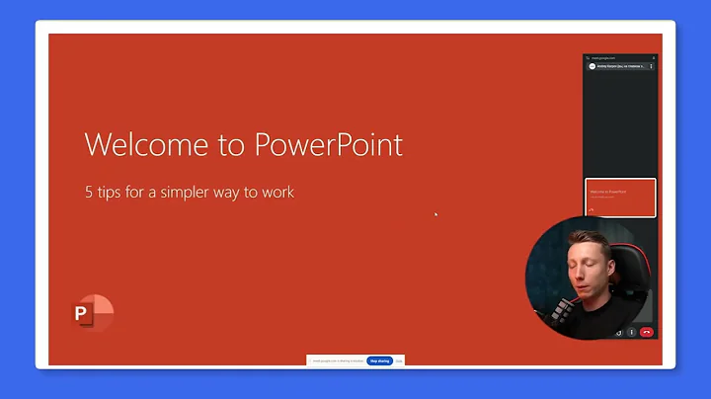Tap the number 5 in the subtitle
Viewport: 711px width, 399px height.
pos(89,193)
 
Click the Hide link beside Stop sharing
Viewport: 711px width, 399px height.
pos(399,361)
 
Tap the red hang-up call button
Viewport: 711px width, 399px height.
pos(646,332)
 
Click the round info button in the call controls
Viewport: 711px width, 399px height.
pos(631,332)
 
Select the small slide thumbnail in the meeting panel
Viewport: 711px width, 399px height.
pos(620,198)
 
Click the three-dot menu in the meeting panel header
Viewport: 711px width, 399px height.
pos(651,66)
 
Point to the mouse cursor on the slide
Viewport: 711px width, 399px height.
pos(435,213)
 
